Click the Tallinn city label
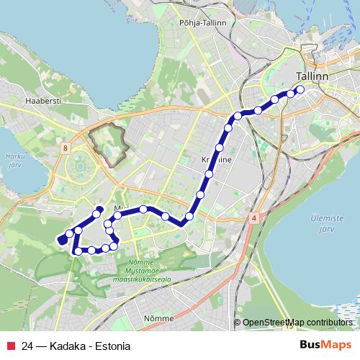point(312,77)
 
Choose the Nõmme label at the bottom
point(158,318)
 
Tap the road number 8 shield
point(66,148)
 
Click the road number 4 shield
point(254,216)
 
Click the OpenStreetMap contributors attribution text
point(299,323)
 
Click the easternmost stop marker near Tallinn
point(300,90)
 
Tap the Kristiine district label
point(213,162)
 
